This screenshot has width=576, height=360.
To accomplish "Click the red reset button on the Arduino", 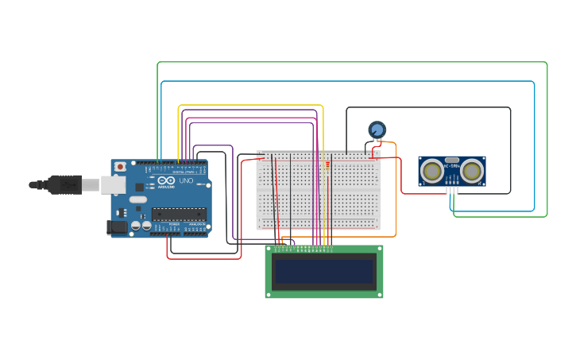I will (120, 167).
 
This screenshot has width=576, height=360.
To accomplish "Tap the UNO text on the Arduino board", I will (185, 181).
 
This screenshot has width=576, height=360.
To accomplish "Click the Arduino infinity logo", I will (166, 181).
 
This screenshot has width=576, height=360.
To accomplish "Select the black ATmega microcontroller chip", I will (179, 213).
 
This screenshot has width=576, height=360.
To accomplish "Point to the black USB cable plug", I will (64, 184).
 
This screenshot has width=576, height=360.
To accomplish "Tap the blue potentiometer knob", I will (377, 129).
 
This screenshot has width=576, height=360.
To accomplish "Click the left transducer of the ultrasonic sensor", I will (432, 170).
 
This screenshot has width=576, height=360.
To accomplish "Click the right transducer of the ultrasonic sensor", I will (472, 170).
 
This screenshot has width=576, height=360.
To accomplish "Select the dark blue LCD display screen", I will (323, 272).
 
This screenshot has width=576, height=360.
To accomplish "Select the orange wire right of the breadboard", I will (396, 191).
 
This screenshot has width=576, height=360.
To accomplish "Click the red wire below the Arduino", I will (203, 258).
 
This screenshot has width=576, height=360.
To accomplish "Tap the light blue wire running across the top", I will (350, 81).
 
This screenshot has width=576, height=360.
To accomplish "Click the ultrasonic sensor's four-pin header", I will (451, 189).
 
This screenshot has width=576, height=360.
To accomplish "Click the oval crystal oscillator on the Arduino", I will (137, 199).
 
